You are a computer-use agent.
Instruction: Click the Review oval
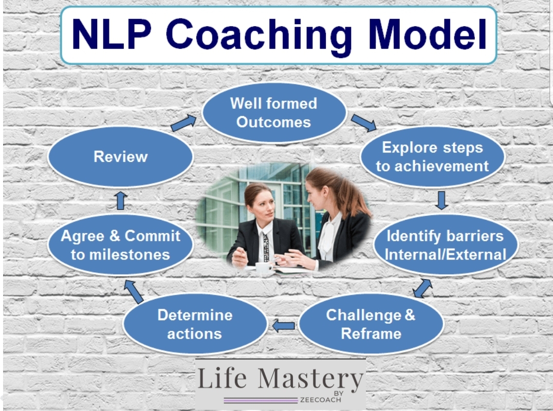pyautogui.click(x=121, y=157)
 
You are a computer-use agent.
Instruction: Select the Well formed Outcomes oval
pyautogui.click(x=274, y=113)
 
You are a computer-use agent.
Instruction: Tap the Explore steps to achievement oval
pyautogui.click(x=432, y=157)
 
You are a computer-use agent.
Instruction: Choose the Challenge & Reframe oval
pyautogui.click(x=371, y=324)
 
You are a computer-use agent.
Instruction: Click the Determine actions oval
pyautogui.click(x=195, y=324)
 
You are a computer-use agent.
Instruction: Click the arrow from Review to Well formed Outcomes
pyautogui.click(x=183, y=122)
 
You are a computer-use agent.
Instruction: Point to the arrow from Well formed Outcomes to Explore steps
pyautogui.click(x=363, y=123)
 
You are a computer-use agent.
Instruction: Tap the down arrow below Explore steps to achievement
pyautogui.click(x=441, y=200)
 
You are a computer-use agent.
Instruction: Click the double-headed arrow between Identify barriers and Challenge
pyautogui.click(x=422, y=288)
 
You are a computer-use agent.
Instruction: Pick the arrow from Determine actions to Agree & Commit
pyautogui.click(x=134, y=291)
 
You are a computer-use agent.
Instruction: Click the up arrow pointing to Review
pyautogui.click(x=121, y=200)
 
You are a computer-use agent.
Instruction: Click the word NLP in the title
pyautogui.click(x=112, y=34)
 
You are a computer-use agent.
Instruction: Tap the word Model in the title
pyautogui.click(x=427, y=34)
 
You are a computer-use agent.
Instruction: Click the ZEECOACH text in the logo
pyautogui.click(x=321, y=400)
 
